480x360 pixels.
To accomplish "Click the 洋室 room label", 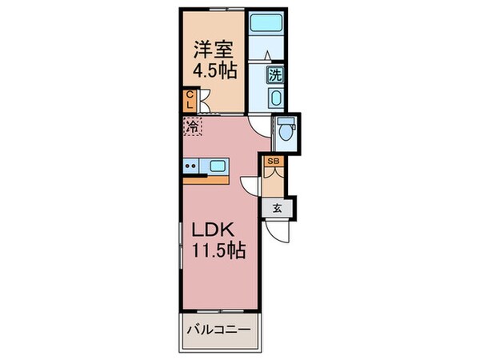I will [212, 48].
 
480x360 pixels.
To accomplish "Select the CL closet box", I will [190, 100].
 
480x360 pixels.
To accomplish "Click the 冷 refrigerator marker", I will [193, 126].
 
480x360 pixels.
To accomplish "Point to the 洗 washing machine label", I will [275, 76].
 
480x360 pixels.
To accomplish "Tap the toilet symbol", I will [286, 131].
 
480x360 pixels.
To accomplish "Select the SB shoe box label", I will [273, 162].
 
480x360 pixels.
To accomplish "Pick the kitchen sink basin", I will [217, 166].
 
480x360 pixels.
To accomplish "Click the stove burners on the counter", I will [191, 166].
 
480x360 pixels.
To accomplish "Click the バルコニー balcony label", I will [218, 329].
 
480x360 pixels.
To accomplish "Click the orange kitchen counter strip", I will [206, 178].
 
